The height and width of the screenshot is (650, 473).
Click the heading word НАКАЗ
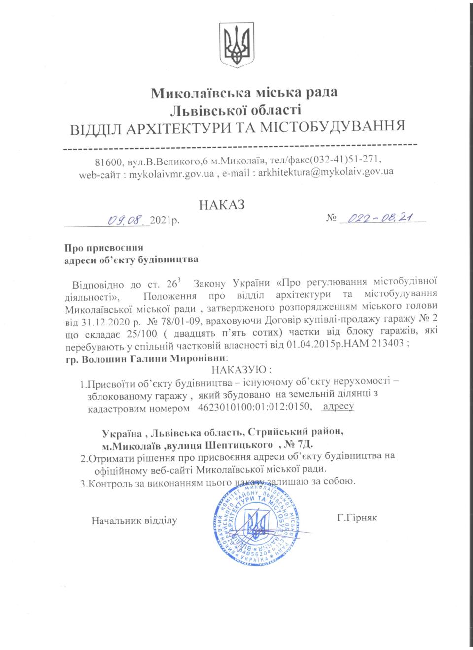pyautogui.click(x=221, y=205)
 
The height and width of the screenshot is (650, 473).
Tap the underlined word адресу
pyautogui.click(x=338, y=407)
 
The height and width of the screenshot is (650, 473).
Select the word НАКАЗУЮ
pyautogui.click(x=241, y=370)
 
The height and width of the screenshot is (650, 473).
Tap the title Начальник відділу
pyautogui.click(x=134, y=520)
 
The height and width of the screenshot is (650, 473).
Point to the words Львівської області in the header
pyautogui.click(x=236, y=109)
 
